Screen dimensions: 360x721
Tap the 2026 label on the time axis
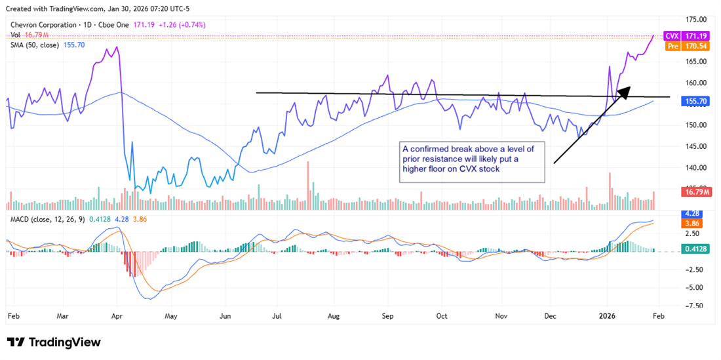coord(608,315)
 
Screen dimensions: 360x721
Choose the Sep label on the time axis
coord(387,315)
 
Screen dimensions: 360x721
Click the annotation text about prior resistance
coord(473,159)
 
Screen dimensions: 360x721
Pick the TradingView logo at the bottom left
coord(54,342)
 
